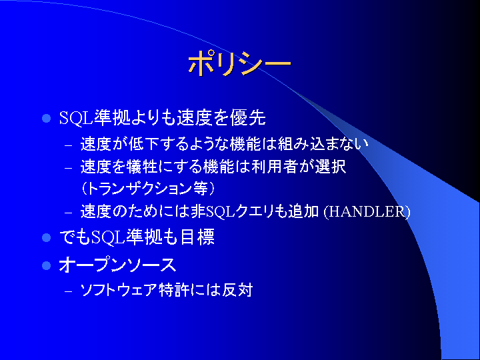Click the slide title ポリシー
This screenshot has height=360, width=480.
tap(239, 63)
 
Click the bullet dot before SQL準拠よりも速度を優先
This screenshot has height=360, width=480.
tap(46, 118)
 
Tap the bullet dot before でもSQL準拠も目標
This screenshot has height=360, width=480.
tap(46, 237)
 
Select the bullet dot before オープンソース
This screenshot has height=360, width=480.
tap(46, 265)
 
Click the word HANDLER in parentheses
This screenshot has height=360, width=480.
tap(367, 212)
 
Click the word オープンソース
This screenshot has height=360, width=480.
tap(117, 265)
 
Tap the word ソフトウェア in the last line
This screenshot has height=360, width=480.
tap(119, 289)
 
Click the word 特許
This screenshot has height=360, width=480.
tap(173, 289)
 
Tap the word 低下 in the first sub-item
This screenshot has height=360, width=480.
tap(143, 143)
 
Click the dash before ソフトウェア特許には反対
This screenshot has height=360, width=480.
tap(69, 291)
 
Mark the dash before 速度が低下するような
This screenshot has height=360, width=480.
tap(69, 145)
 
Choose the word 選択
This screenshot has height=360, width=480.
tap(331, 167)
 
